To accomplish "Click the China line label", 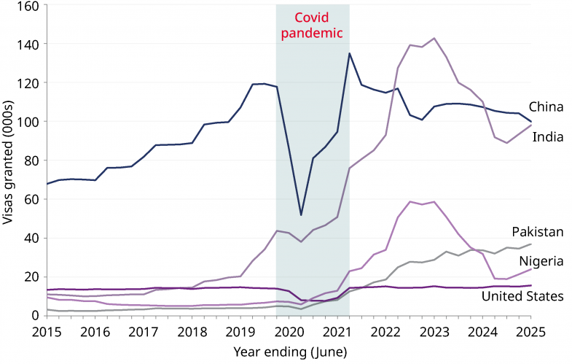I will (x=546, y=107).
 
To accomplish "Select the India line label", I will (x=547, y=136).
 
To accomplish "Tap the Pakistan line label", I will (x=538, y=232).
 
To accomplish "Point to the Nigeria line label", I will (x=541, y=261).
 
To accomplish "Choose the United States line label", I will (x=522, y=296).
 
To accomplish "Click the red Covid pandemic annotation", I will (x=313, y=26).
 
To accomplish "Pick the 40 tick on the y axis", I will (x=33, y=238).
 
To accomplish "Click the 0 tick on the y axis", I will (x=36, y=315).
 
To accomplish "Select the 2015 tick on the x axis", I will (x=46, y=331).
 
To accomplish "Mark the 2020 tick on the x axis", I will (x=289, y=331).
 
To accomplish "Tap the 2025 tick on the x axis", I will (x=530, y=331).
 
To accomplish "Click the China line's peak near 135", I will (x=350, y=53).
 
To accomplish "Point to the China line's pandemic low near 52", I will (x=301, y=214).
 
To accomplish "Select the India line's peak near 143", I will (x=434, y=38).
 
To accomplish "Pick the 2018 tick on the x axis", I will (x=192, y=331).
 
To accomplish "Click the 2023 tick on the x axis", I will (x=434, y=331).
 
